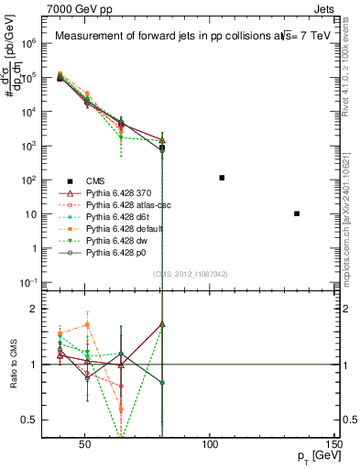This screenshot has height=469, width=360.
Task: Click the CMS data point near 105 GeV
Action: [222, 178]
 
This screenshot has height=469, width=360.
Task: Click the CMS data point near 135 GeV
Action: [297, 213]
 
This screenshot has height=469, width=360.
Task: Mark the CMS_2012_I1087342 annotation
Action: [190, 274]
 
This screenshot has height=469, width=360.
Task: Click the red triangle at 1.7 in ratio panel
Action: [162, 324]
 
